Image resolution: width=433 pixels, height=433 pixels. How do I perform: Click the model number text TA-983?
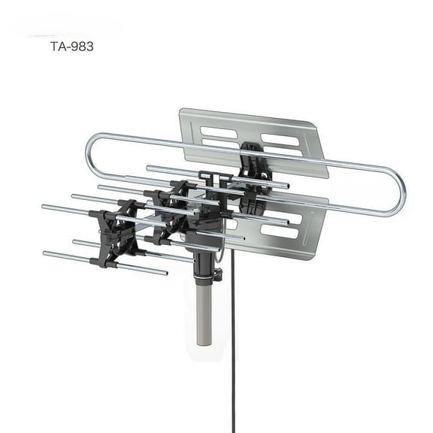tap(72, 46)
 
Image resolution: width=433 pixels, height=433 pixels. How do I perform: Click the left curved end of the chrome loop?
tap(92, 150)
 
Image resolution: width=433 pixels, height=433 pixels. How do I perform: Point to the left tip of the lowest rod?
tap(46, 254)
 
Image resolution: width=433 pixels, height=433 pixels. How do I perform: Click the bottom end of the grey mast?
tap(204, 343)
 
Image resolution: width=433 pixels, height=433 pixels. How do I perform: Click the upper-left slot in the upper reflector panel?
tap(219, 132)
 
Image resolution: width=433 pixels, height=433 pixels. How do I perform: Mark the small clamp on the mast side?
tap(217, 275)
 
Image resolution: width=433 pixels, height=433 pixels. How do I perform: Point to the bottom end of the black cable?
tap(233, 429)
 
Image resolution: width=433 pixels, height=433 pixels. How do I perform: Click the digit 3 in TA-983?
tap(90, 46)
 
